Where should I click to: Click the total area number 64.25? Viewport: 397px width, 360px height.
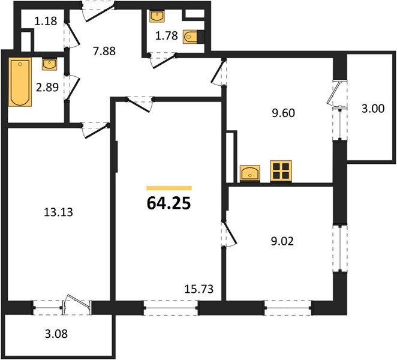pos(169,203)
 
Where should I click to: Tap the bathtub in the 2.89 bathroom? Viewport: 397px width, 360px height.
pos(20,82)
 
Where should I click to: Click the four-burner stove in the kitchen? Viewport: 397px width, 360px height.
pos(281,171)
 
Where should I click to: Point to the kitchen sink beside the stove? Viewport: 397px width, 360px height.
pos(250,173)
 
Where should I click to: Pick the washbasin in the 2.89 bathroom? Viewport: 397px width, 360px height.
pos(49,64)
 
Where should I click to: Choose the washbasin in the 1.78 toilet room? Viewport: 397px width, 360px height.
pos(157,16)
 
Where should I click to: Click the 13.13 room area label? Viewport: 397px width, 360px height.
pos(58,212)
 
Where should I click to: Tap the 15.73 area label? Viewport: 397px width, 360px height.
pos(199,289)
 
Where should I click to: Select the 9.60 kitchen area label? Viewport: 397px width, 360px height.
pos(283,113)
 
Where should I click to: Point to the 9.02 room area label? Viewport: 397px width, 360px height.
pos(282,241)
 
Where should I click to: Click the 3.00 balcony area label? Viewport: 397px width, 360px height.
pos(373,109)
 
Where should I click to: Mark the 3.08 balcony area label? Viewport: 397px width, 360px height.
pos(56,334)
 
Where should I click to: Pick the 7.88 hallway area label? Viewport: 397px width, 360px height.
pos(104,51)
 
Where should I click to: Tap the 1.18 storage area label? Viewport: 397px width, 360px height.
pos(46,21)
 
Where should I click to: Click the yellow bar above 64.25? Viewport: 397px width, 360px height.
pos(169,188)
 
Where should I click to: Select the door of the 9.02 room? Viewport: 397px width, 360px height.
pos(229,234)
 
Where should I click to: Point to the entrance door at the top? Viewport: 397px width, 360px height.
pos(99,12)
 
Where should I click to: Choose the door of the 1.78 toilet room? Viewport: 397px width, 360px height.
pos(163,61)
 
